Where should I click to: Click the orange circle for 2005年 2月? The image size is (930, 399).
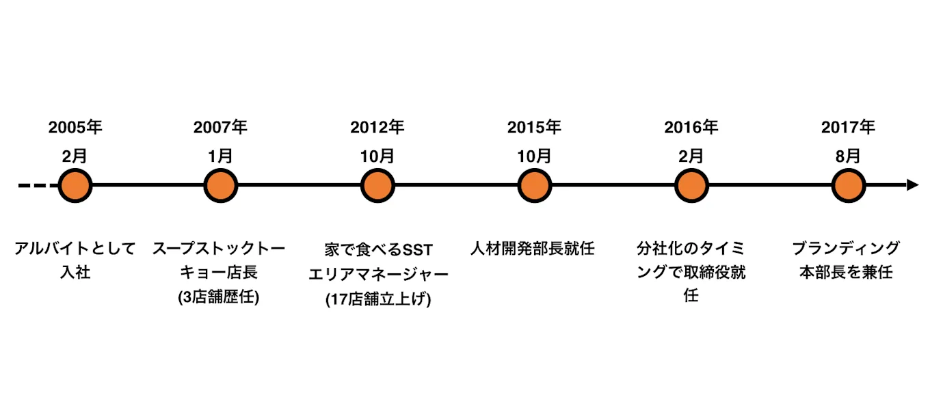click(x=75, y=185)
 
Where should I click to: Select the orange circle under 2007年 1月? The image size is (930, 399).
click(x=220, y=185)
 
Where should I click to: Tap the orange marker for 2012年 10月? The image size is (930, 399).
click(x=377, y=185)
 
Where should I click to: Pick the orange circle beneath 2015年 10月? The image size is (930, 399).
click(x=534, y=185)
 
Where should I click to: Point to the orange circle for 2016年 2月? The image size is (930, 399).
click(x=691, y=185)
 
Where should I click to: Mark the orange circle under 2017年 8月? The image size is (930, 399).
click(x=849, y=185)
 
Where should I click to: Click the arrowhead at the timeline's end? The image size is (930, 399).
click(x=912, y=185)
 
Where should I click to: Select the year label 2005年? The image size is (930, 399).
click(x=75, y=128)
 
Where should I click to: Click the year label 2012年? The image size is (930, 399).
click(x=377, y=128)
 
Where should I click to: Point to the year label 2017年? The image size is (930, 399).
click(x=849, y=128)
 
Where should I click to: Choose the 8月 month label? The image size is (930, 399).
click(x=849, y=156)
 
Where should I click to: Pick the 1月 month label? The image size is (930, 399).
click(x=220, y=156)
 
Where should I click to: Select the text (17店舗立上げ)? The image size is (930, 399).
click(x=378, y=299)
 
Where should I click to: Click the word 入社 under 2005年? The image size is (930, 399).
click(x=75, y=273)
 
